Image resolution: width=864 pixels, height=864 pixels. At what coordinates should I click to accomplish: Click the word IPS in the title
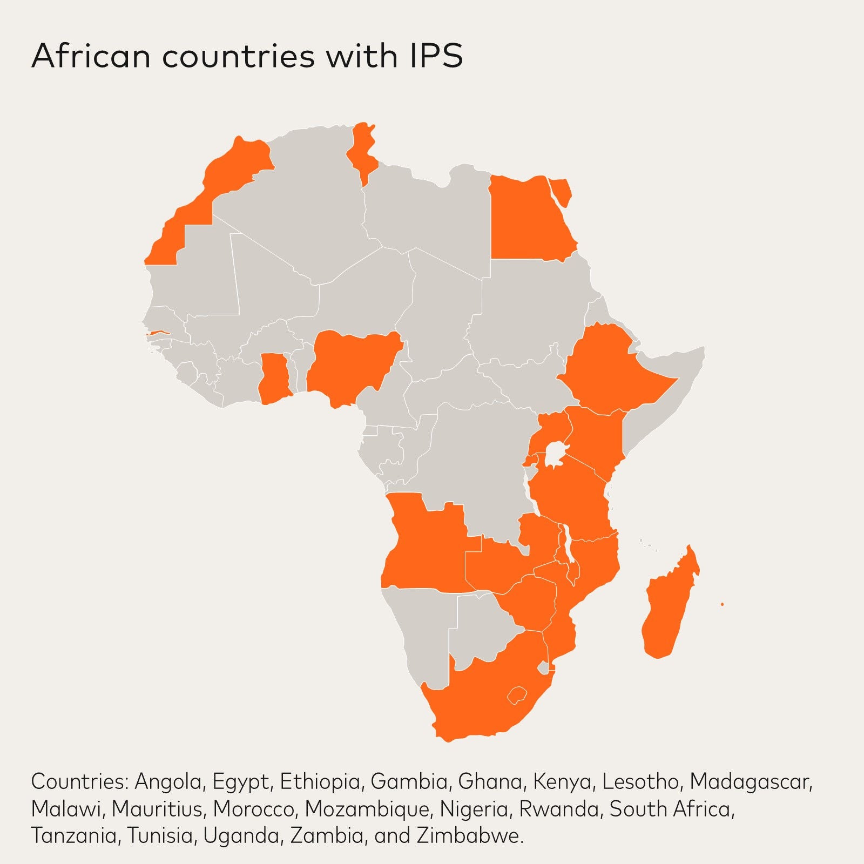[x=431, y=56]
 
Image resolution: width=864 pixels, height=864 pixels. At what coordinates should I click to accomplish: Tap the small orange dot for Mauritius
[x=722, y=604]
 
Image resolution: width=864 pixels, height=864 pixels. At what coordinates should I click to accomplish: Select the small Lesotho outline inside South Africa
[x=517, y=695]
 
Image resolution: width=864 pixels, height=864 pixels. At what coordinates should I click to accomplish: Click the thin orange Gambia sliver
[x=159, y=333]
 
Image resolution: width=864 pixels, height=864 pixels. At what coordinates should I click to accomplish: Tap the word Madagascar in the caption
[x=751, y=781]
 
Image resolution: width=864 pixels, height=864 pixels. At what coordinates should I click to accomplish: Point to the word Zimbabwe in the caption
[x=469, y=836]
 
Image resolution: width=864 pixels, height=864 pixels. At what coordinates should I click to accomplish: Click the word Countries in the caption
[x=79, y=781]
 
